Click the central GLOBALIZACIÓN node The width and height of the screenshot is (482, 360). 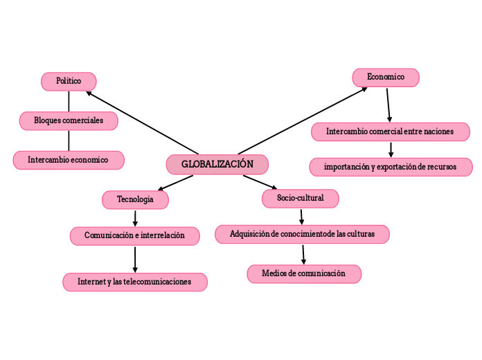click(217, 164)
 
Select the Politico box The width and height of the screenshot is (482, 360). click(69, 81)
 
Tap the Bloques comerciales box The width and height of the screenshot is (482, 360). click(69, 120)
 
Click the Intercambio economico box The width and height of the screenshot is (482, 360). click(69, 160)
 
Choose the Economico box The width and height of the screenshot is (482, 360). click(386, 78)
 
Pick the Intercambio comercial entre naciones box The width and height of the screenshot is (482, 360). click(390, 132)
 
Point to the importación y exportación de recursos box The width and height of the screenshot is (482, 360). click(391, 167)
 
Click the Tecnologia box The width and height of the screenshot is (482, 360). click(135, 199)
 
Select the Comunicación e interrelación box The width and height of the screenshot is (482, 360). click(135, 235)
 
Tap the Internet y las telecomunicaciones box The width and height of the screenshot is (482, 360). click(135, 282)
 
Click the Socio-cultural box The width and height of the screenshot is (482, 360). click(301, 198)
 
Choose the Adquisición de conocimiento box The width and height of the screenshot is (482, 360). click(302, 234)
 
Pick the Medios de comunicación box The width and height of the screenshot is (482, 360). click(304, 273)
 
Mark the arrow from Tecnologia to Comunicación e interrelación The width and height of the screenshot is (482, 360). click(135, 217)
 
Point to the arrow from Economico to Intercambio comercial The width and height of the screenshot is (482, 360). click(389, 105)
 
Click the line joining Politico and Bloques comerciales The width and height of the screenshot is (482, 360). click(69, 100)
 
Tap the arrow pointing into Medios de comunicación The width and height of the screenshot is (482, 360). click(303, 254)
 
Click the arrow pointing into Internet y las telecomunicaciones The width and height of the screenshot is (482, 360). click(135, 259)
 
